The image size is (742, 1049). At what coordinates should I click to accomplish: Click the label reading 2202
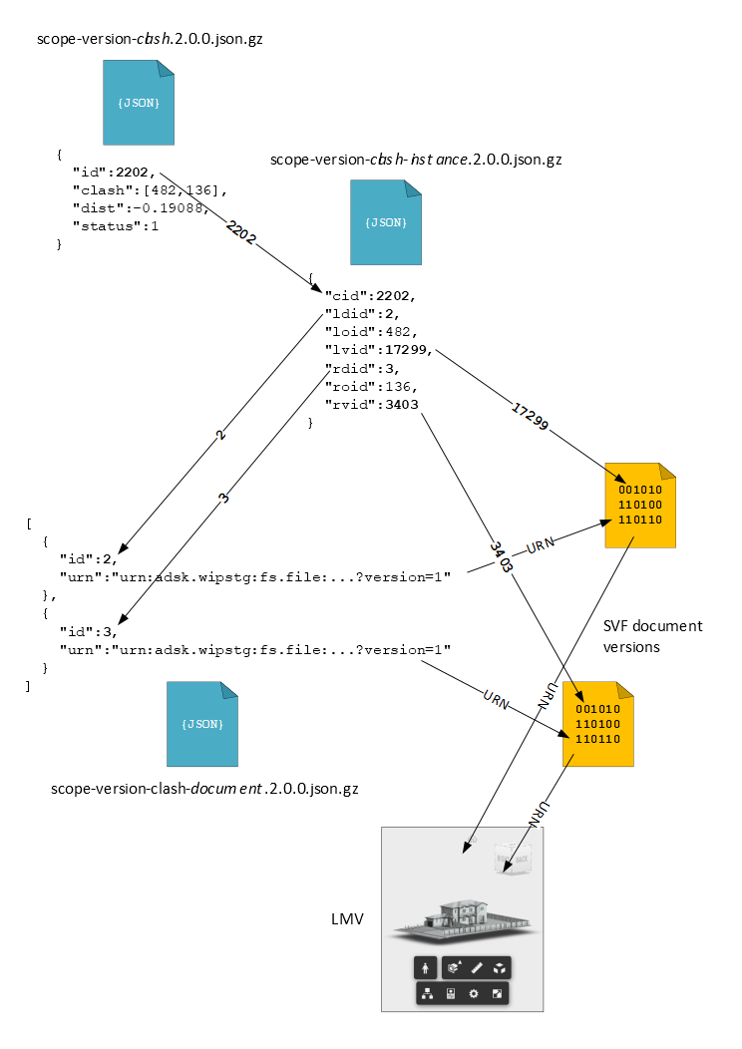click(x=240, y=233)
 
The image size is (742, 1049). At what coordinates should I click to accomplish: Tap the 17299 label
click(x=531, y=417)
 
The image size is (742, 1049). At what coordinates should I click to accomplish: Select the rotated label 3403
click(x=503, y=557)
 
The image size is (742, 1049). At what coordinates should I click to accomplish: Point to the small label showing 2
click(x=220, y=435)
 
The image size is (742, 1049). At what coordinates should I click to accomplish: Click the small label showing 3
click(x=224, y=498)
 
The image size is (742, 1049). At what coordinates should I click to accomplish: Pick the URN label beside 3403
click(x=540, y=545)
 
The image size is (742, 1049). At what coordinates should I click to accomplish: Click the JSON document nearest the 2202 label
click(x=386, y=222)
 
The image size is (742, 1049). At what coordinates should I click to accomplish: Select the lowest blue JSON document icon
click(x=202, y=724)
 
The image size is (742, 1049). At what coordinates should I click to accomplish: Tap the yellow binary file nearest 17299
click(x=640, y=506)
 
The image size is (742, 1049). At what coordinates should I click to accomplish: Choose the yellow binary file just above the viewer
click(x=598, y=725)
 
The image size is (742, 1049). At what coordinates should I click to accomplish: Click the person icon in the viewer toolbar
click(x=426, y=967)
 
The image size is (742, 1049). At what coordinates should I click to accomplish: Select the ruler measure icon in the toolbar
click(x=477, y=967)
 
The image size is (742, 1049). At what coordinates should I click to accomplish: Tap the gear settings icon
click(x=474, y=993)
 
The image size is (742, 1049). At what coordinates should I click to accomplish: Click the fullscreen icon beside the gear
click(x=497, y=993)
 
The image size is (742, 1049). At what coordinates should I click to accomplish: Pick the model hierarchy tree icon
click(x=428, y=993)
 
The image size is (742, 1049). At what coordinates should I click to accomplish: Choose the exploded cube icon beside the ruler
click(x=499, y=967)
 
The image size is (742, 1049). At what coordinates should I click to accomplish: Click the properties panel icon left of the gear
click(x=451, y=993)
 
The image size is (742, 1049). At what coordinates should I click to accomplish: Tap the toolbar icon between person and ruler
click(x=454, y=967)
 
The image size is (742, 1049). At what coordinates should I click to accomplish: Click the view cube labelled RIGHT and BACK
click(x=514, y=859)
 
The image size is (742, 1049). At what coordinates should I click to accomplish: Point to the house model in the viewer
click(x=461, y=919)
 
